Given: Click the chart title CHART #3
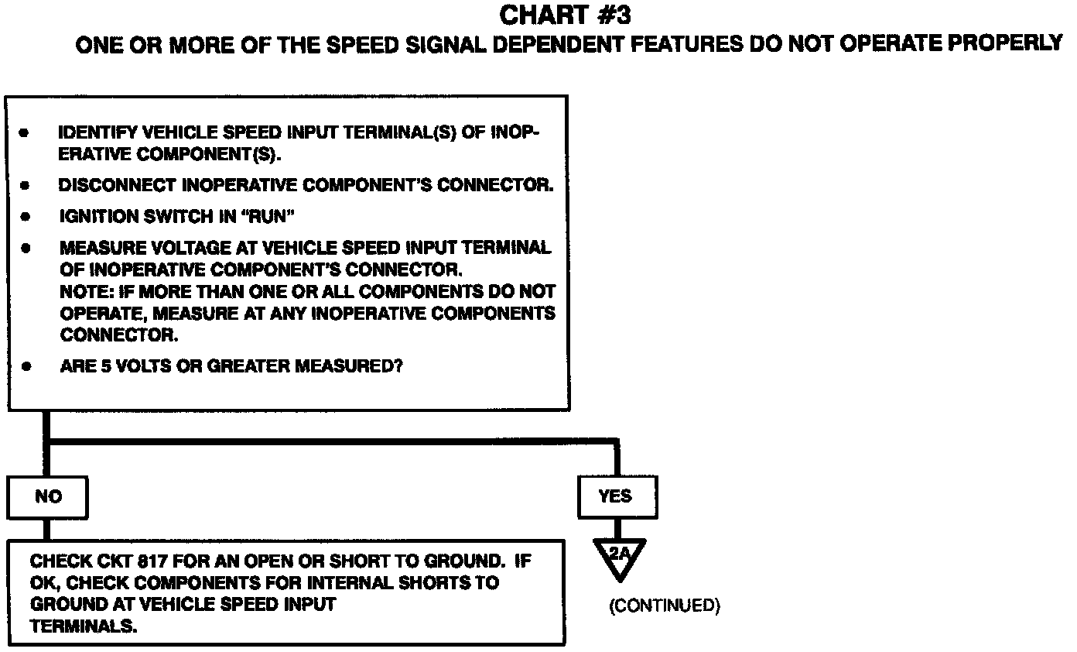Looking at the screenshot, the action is pos(569,15).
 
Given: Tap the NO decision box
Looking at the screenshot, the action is pos(47,497).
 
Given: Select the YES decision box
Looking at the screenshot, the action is pos(616,497).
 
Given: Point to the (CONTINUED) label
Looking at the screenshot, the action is pos(665,606).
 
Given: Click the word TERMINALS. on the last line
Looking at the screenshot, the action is pos(84,626).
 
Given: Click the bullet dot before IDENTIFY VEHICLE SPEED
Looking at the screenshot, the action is pos(25,133).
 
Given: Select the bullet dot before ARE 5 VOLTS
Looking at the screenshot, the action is pos(26,366).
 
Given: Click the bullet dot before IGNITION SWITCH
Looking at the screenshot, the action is pos(26,217).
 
